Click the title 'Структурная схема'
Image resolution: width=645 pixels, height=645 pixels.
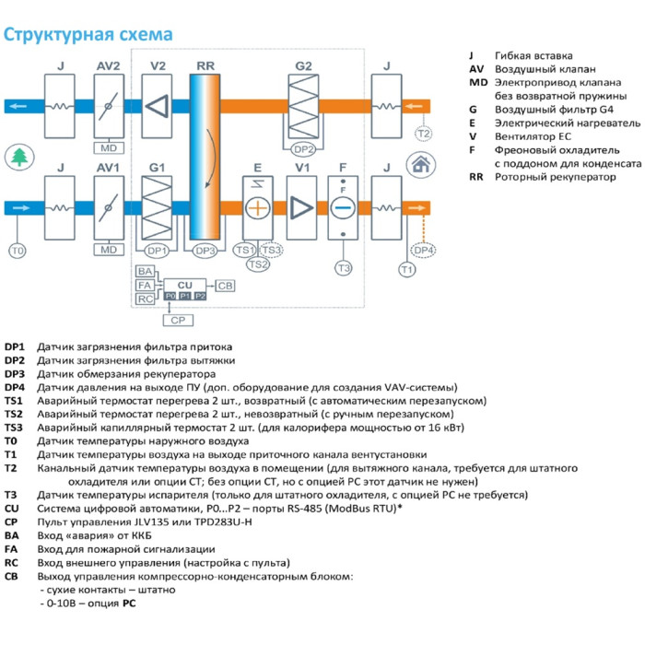(x=88, y=35)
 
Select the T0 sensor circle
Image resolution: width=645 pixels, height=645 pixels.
(x=18, y=250)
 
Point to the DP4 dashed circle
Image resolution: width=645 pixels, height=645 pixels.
(x=423, y=250)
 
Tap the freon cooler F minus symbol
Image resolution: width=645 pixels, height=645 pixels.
(x=343, y=207)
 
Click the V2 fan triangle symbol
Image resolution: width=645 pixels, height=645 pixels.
(x=158, y=104)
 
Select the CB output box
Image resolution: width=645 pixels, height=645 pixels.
(x=225, y=286)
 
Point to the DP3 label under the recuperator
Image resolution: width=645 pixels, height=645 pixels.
(x=204, y=250)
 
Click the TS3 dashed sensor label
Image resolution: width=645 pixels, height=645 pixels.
(x=271, y=250)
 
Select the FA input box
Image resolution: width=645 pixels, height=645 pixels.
(x=145, y=286)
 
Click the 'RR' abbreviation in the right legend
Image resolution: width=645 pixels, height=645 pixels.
(x=476, y=176)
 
